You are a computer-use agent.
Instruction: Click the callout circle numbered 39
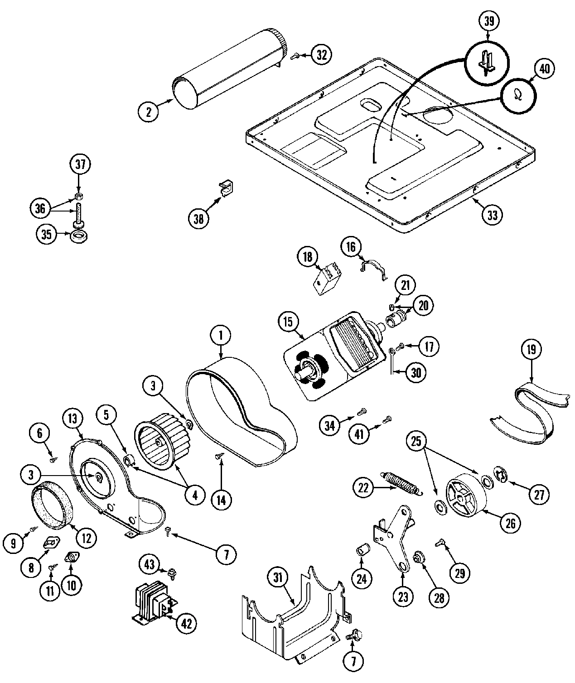point(488,21)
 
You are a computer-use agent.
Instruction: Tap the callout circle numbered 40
point(544,68)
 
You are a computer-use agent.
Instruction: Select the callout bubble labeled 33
point(492,215)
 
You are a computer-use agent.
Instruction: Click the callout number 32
point(321,55)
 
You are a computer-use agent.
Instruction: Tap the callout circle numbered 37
point(80,164)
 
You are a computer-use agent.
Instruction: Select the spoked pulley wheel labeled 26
point(465,495)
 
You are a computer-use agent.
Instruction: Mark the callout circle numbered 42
point(186,623)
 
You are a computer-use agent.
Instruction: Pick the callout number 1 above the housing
point(220,336)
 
